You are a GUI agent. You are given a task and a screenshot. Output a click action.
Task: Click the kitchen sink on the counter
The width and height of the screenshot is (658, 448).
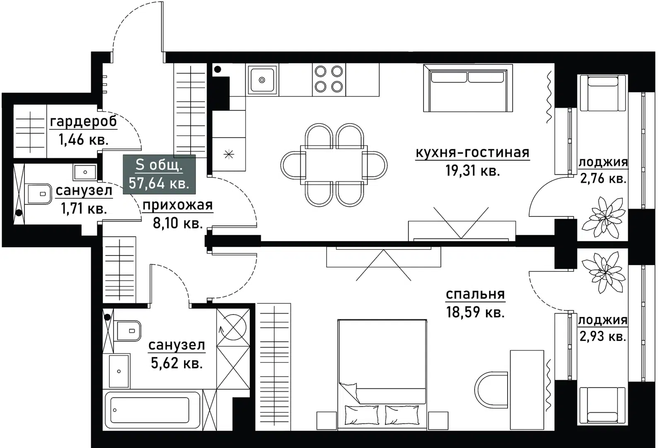click(262, 80)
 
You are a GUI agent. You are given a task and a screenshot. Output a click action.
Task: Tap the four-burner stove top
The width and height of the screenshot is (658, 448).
click(329, 79)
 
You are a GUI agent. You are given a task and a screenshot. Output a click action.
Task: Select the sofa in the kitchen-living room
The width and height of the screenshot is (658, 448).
click(468, 88)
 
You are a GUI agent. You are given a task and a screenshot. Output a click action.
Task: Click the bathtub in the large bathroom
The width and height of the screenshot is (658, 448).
click(152, 410)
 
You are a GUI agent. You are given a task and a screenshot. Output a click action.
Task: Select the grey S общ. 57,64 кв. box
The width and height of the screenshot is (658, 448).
click(159, 173)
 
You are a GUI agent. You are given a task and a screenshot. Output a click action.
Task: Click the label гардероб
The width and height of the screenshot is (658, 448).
click(83, 122)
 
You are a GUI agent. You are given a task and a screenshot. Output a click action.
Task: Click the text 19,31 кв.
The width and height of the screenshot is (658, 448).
click(472, 170)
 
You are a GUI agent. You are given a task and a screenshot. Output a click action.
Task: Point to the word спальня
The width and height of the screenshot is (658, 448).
click(475, 294)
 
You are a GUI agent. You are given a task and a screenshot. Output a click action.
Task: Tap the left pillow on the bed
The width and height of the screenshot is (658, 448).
click(361, 414)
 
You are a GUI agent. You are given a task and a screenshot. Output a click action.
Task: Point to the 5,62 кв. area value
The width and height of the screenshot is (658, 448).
click(177, 363)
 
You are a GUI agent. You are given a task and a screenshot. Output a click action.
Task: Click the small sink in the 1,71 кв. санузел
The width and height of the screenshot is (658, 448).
click(85, 171)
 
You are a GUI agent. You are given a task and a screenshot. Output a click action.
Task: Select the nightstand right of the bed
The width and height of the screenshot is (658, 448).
click(438, 420)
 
